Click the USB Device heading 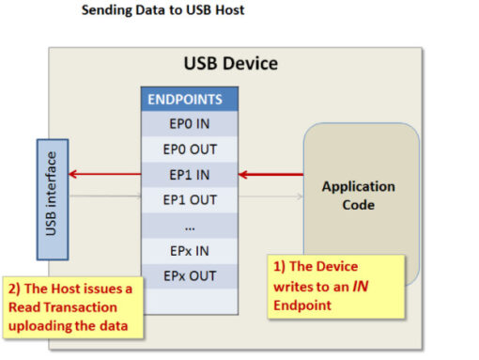coord(230,65)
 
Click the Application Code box coord(359,195)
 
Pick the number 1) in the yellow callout coord(279,266)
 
